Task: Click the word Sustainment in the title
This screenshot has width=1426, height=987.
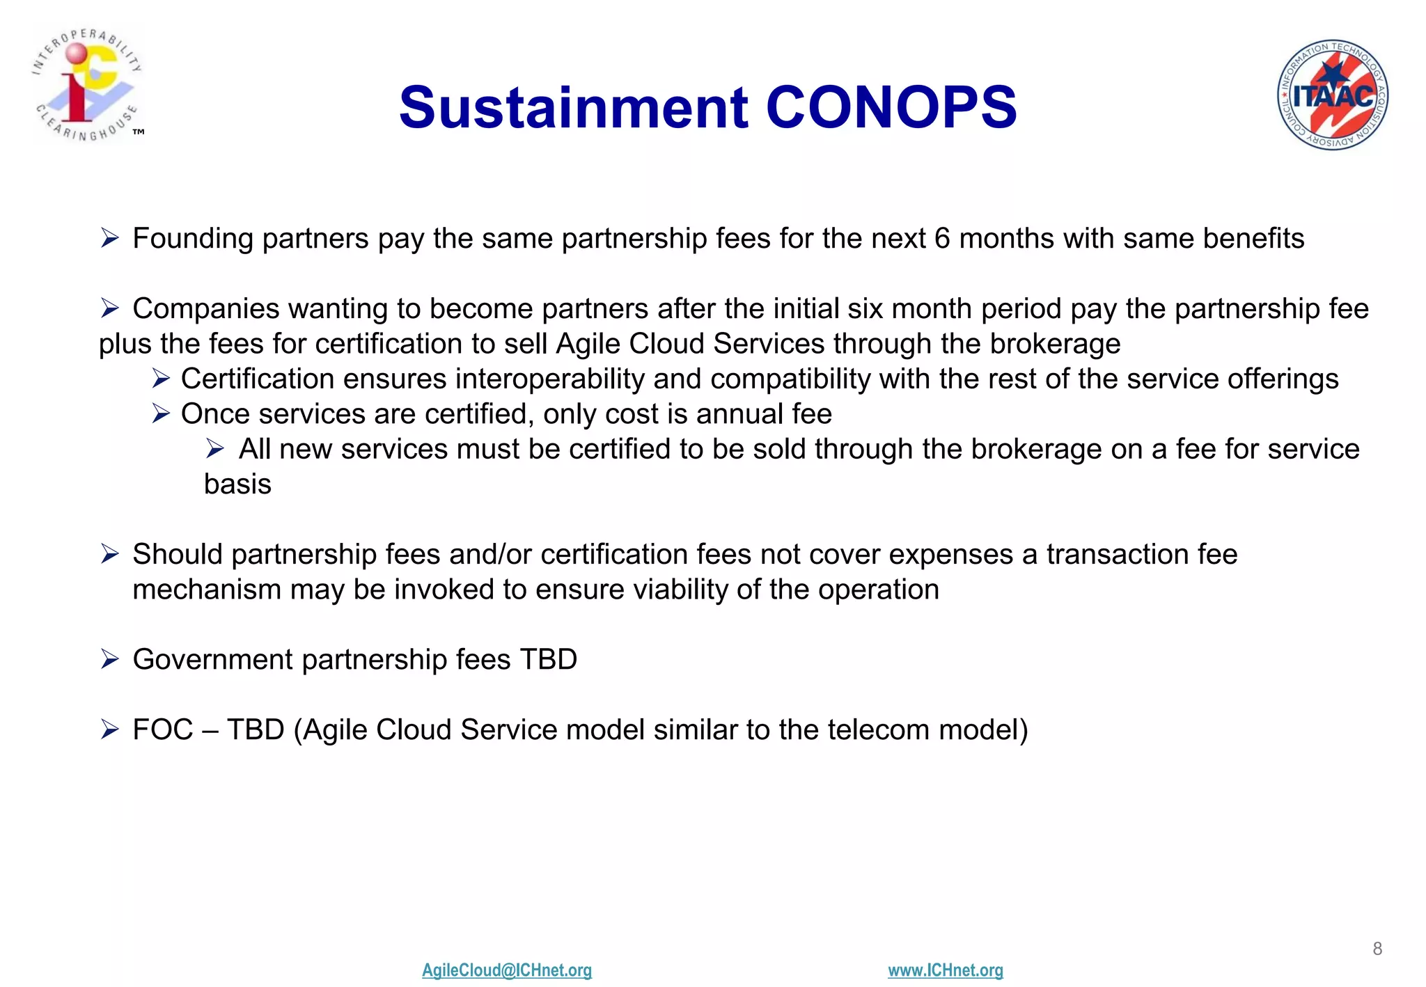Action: (x=573, y=108)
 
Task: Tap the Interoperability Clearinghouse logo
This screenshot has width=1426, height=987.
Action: (x=87, y=84)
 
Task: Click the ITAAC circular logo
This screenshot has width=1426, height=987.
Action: (x=1332, y=95)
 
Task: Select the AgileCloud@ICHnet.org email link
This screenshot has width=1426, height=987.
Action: (x=506, y=970)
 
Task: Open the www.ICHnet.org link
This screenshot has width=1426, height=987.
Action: (x=945, y=970)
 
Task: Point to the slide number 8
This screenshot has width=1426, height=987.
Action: (x=1377, y=948)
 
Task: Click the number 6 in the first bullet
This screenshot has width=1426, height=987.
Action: (x=941, y=239)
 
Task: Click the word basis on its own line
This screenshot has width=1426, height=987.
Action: (x=237, y=484)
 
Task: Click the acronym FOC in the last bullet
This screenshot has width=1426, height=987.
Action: (x=162, y=730)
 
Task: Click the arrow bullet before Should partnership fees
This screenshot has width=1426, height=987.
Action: (x=110, y=554)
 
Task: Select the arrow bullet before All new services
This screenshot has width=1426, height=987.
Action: (x=214, y=449)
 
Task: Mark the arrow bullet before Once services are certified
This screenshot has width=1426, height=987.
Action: (x=161, y=414)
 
